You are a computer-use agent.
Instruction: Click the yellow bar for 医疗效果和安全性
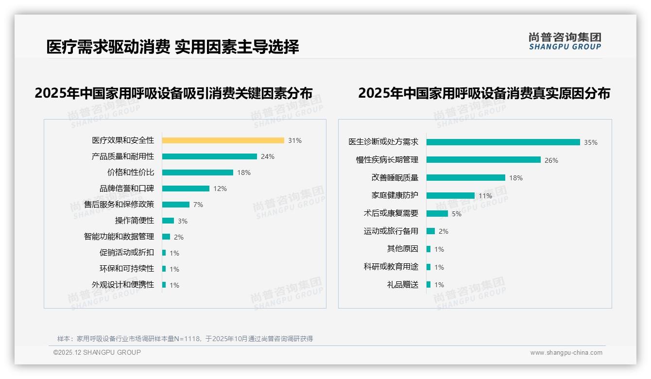coord(223,140)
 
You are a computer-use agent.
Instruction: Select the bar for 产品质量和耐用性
coord(209,156)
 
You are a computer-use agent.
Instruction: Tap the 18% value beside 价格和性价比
coord(244,172)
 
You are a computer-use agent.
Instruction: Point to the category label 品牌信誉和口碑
coord(127,189)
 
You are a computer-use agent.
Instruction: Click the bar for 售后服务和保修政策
coord(176,205)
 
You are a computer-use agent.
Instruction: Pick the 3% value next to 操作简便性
coord(183,221)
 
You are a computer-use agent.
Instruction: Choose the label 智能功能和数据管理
coord(119,237)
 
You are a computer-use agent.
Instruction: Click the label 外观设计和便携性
coord(123,285)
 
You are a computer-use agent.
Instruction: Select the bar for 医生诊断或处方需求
coord(503,142)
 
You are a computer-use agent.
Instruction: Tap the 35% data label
coord(591,142)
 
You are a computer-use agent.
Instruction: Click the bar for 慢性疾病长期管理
coord(483,160)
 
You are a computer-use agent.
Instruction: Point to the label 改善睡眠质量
coord(395,178)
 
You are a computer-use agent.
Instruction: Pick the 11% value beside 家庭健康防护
coord(485,196)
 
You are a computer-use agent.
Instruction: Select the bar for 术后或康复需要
coord(437,213)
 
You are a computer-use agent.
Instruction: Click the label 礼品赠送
coord(403,285)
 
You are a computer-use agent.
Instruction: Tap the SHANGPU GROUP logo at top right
coord(565,41)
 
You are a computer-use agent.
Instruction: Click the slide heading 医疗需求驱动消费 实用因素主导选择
coord(172,47)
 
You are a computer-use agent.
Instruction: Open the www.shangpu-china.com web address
coord(566,353)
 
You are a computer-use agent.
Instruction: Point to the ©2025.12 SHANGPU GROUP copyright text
coord(97,352)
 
